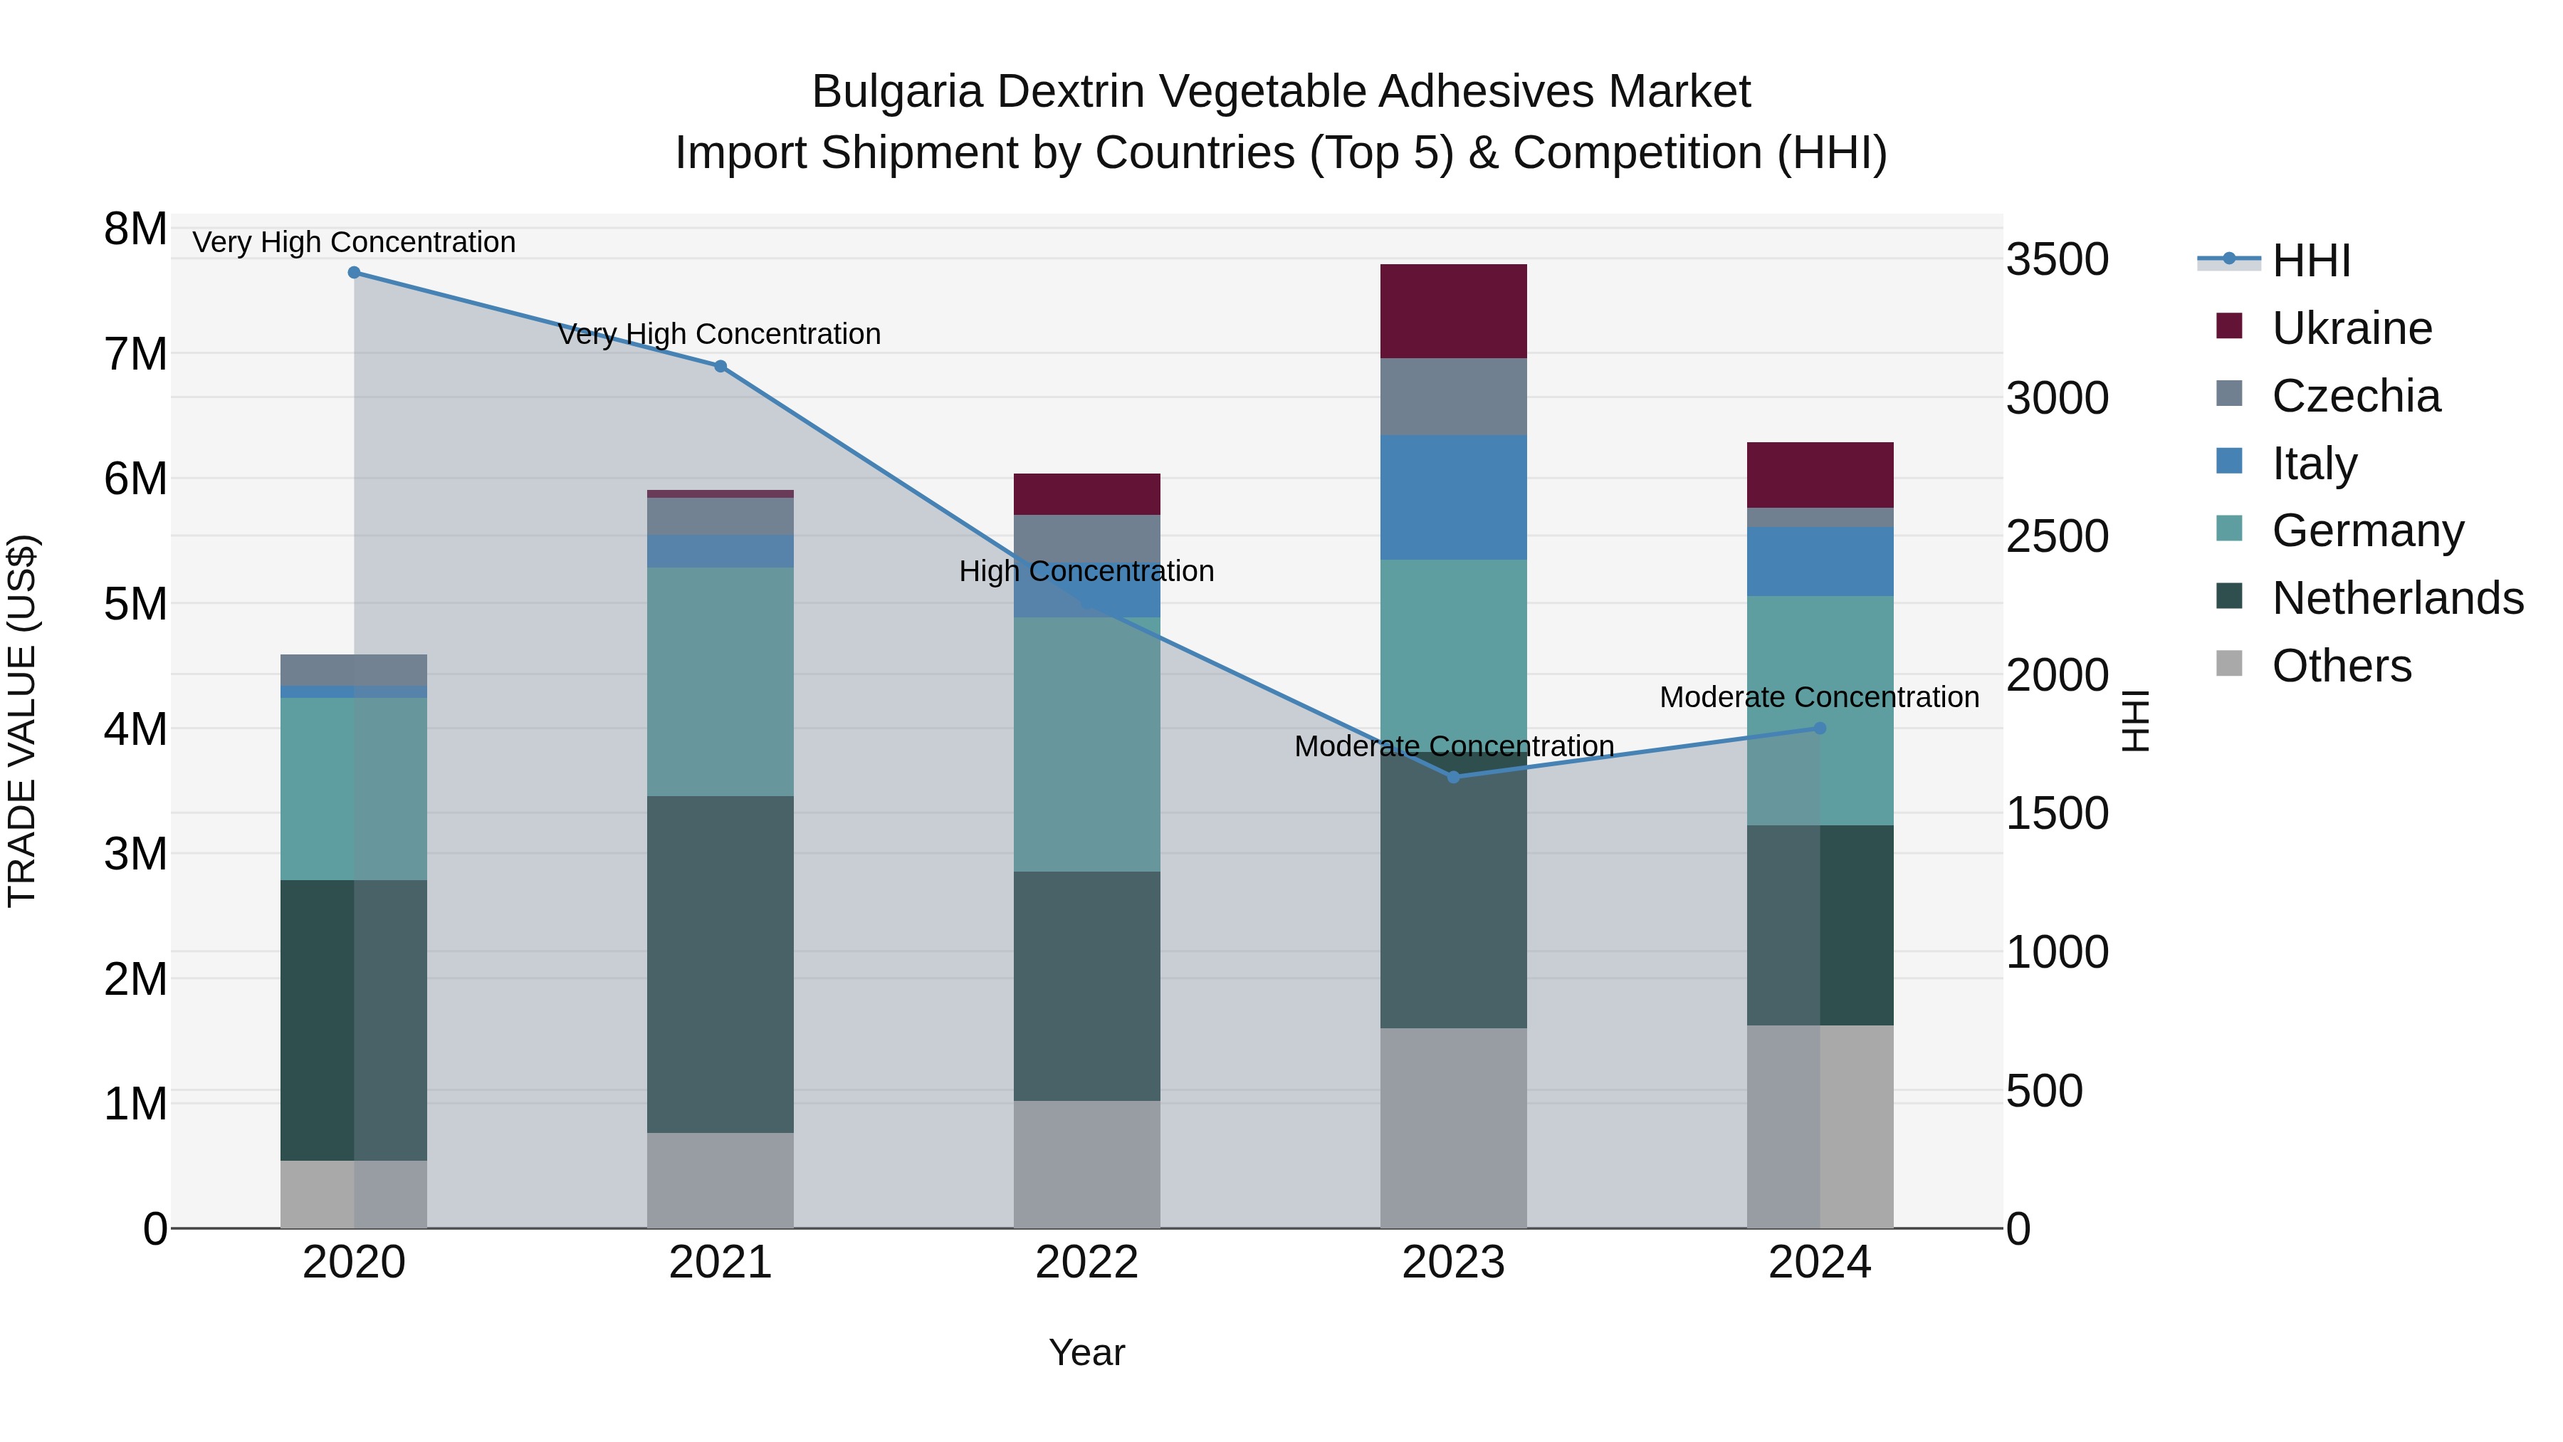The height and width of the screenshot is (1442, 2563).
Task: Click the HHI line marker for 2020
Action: coord(355,273)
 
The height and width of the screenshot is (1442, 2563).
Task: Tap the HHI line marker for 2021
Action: coord(720,366)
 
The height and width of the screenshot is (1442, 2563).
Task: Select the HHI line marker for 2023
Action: coord(1454,777)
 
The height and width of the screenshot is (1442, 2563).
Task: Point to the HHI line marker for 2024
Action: coord(1820,728)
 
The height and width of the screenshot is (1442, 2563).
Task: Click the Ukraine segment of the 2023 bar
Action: coord(1454,310)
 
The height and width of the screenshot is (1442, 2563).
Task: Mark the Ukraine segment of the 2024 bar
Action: coord(1820,475)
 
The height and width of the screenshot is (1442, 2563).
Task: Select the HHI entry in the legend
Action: coord(2310,261)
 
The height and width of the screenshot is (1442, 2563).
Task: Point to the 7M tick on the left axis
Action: coord(135,355)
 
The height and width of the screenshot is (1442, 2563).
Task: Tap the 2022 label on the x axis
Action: coord(1086,1263)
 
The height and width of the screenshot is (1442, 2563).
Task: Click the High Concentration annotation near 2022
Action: coord(1086,571)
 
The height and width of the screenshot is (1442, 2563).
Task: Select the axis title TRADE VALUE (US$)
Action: coord(22,721)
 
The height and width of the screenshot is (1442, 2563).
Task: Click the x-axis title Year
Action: coord(1086,1352)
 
